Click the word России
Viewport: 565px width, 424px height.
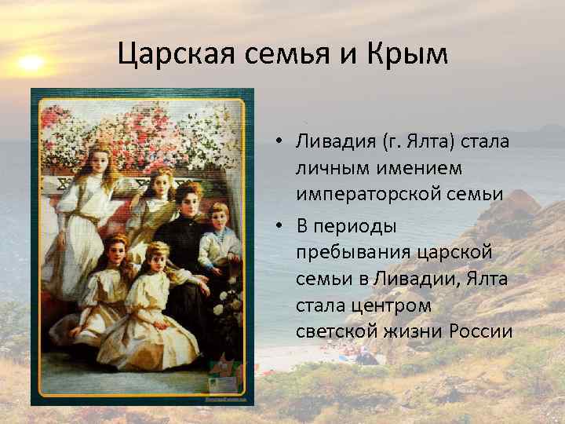click(x=481, y=330)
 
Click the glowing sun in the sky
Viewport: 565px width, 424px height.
click(x=31, y=62)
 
